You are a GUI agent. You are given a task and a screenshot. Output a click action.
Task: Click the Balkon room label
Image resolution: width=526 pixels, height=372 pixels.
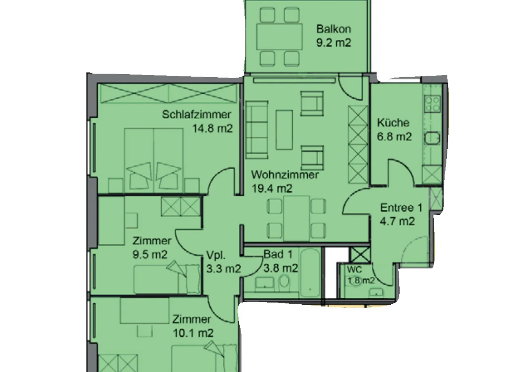tap(334, 29)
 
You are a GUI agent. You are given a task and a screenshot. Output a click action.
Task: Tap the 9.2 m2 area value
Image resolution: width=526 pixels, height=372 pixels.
tap(334, 43)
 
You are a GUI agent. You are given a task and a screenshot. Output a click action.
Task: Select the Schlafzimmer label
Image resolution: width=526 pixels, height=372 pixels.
tap(197, 115)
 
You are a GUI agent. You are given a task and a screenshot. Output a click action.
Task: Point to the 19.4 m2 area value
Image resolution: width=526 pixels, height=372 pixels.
tap(272, 188)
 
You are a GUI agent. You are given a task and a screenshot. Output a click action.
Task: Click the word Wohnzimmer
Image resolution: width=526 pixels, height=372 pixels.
tap(285, 175)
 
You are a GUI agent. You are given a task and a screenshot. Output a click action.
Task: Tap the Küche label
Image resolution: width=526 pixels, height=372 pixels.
tap(393, 123)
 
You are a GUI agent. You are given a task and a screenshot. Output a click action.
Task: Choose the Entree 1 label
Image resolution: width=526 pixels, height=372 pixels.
tap(401, 208)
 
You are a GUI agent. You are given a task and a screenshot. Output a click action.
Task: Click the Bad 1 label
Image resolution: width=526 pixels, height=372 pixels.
tap(278, 254)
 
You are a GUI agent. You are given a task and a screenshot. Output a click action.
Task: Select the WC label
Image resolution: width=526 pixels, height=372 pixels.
tap(355, 270)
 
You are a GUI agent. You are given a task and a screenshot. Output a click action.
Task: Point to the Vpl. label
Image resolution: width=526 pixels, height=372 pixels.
tap(216, 255)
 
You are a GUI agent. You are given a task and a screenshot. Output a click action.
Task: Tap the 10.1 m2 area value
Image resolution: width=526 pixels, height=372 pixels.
tap(193, 333)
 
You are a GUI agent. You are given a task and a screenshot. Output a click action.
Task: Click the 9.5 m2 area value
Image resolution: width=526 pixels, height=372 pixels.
tap(150, 254)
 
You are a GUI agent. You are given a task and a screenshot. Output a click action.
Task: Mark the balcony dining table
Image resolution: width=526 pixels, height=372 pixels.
tap(279, 36)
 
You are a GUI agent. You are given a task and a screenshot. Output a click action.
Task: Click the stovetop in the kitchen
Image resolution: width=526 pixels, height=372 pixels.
tap(432, 104)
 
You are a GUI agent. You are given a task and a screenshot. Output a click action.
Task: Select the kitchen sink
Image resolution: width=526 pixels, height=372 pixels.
tap(432, 138)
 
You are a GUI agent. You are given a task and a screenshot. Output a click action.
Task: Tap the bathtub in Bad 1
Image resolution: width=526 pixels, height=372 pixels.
tap(310, 273)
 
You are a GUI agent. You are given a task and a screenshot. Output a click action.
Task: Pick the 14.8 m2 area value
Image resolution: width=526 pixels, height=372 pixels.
tap(212, 128)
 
